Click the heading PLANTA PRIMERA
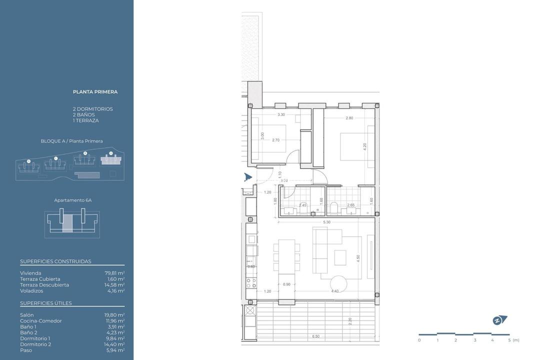pos(95,92)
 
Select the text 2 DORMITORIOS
pos(92,109)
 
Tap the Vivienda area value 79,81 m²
pos(114,273)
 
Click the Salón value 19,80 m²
pos(114,315)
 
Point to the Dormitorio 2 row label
pos(35,344)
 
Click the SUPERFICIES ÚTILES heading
pos(46,303)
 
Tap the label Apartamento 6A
pos(72,200)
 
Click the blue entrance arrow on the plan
pos(247,176)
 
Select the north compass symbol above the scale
pos(499,320)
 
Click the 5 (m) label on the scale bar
pos(512,340)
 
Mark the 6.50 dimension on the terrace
pos(315,336)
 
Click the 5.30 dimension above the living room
pos(326,222)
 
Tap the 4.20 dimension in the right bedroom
pos(364,147)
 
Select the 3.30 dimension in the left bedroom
pos(281,114)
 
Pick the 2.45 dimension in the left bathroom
pos(302,205)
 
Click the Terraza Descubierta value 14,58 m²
pos(114,285)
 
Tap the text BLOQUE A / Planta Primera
pos(71,141)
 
